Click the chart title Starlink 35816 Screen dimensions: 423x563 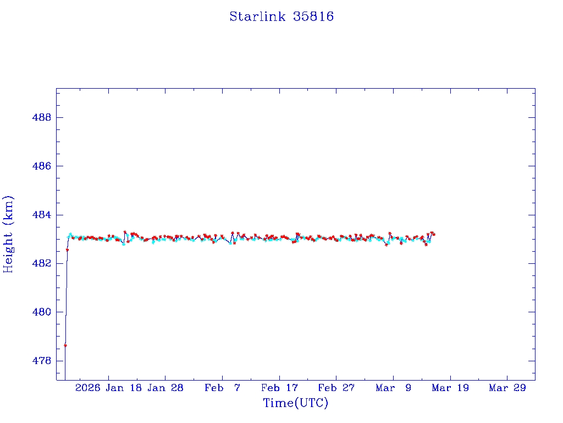281,17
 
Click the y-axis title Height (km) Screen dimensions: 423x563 8,234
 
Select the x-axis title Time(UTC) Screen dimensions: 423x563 296,403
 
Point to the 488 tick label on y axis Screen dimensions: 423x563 41,118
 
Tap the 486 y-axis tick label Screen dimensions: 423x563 41,166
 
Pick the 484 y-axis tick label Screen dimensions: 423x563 41,215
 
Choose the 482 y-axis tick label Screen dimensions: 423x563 41,263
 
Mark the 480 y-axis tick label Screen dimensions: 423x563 41,312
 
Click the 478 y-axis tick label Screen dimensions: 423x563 41,361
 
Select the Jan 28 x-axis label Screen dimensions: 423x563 165,388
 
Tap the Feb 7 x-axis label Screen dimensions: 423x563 222,388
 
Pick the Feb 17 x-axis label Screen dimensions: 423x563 279,388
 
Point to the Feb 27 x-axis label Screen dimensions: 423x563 336,388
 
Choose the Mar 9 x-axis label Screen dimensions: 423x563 394,388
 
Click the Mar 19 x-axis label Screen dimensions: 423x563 450,388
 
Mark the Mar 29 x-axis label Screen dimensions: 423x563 507,388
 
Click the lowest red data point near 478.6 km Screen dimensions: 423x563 65,345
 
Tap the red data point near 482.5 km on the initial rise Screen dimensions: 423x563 67,250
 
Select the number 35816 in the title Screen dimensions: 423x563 313,17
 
